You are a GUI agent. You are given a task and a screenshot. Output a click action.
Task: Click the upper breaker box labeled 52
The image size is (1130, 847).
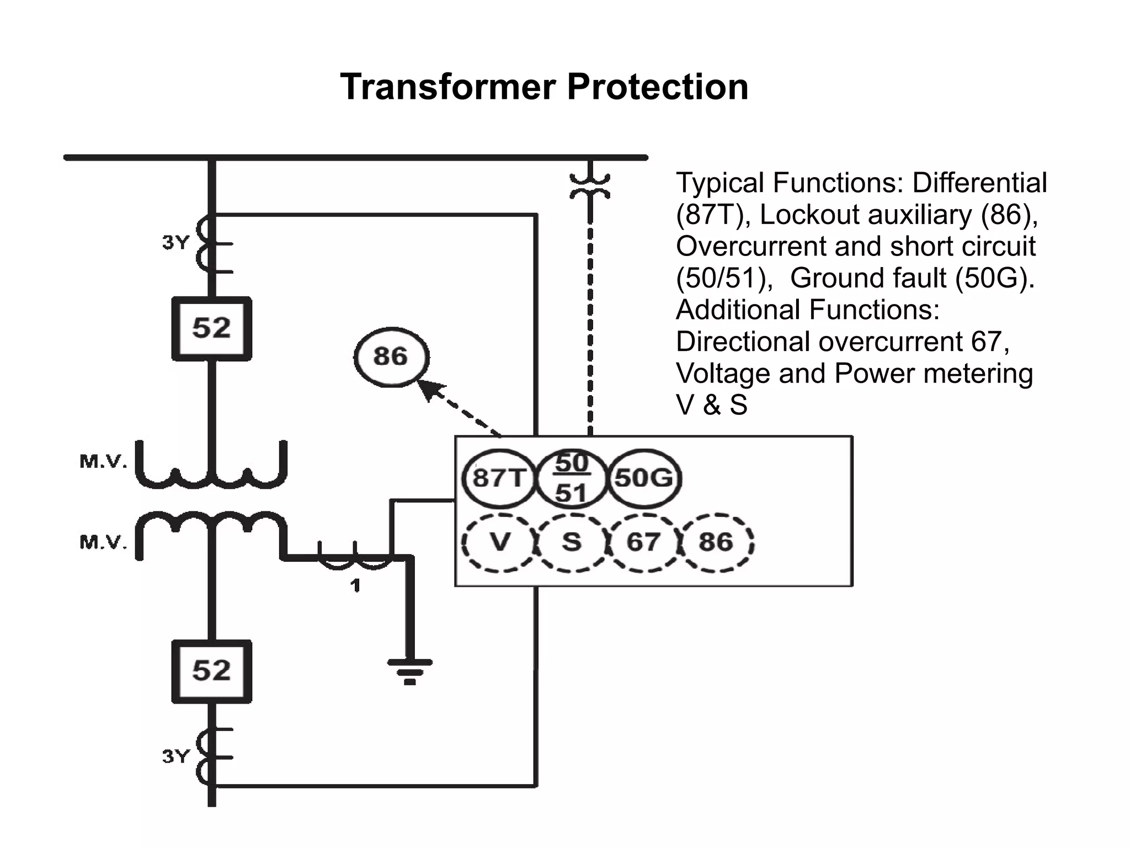click(211, 328)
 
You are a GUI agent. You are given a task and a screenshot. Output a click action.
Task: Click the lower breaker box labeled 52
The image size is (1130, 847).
click(211, 671)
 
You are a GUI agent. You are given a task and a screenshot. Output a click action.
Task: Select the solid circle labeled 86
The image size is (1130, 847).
click(391, 356)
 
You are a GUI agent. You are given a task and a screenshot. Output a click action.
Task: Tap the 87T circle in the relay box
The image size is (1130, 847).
click(498, 478)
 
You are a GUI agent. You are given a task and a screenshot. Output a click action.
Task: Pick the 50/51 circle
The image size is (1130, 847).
click(571, 478)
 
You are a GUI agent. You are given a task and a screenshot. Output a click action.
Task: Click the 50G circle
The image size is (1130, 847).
click(644, 478)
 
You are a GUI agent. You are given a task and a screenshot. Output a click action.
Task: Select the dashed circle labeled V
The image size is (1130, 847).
click(499, 542)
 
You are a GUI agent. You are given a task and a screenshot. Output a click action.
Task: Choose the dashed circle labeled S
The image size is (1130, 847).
click(572, 542)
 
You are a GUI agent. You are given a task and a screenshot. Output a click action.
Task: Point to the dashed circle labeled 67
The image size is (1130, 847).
click(643, 542)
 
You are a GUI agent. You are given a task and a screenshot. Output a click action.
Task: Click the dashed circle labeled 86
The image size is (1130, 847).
click(716, 542)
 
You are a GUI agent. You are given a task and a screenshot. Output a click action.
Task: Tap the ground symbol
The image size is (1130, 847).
click(409, 670)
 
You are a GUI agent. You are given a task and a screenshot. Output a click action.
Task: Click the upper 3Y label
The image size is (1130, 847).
click(175, 242)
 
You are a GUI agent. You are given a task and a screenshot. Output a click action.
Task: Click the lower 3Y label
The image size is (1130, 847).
click(175, 756)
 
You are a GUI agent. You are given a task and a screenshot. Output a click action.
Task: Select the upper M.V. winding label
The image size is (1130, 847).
click(103, 461)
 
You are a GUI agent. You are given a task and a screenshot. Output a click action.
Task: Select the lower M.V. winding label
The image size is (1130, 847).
click(103, 542)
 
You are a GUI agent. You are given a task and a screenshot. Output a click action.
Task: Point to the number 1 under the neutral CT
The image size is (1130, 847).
click(355, 585)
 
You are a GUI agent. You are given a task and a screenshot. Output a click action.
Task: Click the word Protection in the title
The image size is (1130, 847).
click(657, 87)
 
